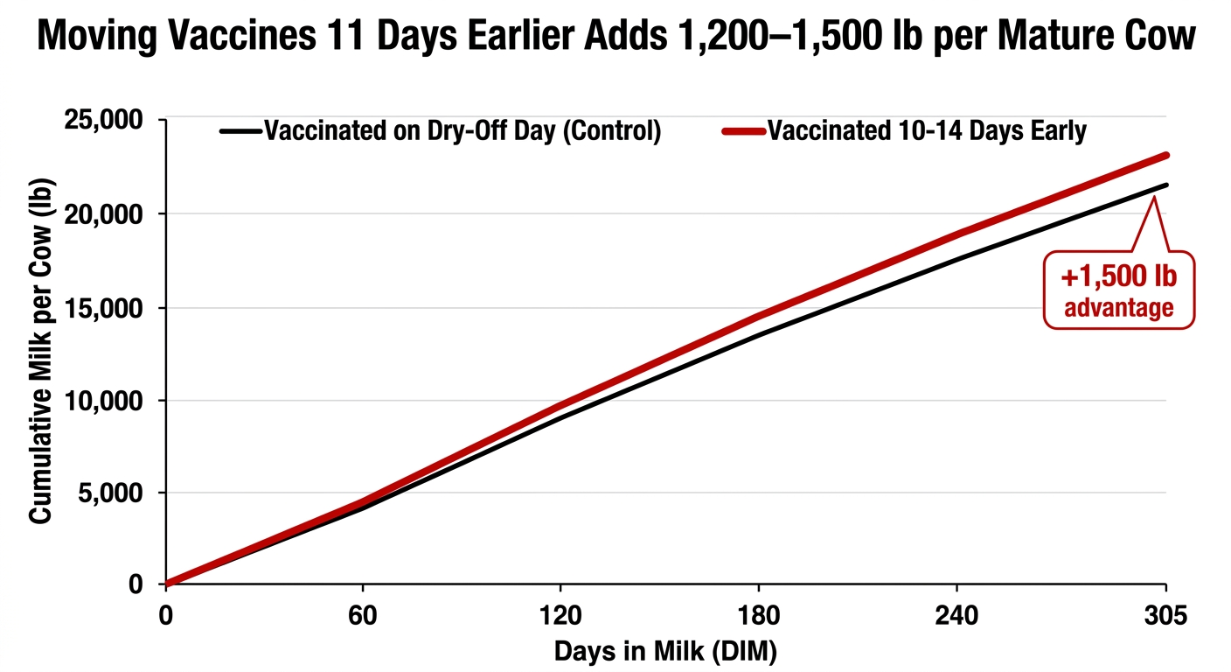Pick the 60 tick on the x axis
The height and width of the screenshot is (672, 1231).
[x=362, y=616]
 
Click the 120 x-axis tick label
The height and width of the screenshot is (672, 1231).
[x=559, y=616]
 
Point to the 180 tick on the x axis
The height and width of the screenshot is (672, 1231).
[x=758, y=616]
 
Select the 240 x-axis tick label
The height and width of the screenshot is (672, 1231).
[x=957, y=616]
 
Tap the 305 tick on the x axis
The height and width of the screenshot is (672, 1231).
[x=1166, y=616]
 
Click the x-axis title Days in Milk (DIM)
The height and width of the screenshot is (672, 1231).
[x=665, y=651]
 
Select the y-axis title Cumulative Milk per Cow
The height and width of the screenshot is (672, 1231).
[x=41, y=350]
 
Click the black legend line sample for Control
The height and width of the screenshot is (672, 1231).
[x=240, y=132]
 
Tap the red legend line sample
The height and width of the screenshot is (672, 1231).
[x=744, y=132]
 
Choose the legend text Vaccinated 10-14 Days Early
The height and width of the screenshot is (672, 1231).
[x=927, y=132]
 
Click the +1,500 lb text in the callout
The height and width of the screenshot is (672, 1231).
[x=1118, y=277]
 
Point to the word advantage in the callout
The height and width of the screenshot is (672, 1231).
[x=1118, y=307]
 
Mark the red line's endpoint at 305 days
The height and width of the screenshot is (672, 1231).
[x=1166, y=156]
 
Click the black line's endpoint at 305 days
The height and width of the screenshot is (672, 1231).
[x=1166, y=185]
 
